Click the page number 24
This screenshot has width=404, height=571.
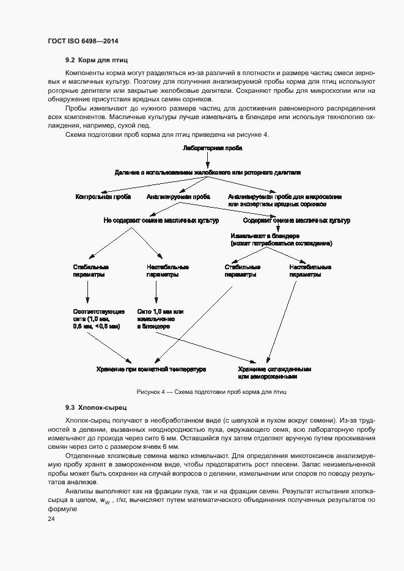(x=51, y=519)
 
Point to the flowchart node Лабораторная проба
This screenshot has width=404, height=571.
(x=208, y=148)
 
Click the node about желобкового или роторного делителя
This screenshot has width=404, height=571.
(x=208, y=173)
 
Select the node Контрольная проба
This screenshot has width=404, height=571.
(x=102, y=197)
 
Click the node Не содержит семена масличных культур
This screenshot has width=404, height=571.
(x=161, y=220)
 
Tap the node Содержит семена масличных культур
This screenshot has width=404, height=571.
(x=296, y=220)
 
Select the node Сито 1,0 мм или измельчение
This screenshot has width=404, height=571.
(x=160, y=319)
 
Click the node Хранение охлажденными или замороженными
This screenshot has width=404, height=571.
(x=275, y=373)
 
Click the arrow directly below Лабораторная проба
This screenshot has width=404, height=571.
(x=208, y=160)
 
